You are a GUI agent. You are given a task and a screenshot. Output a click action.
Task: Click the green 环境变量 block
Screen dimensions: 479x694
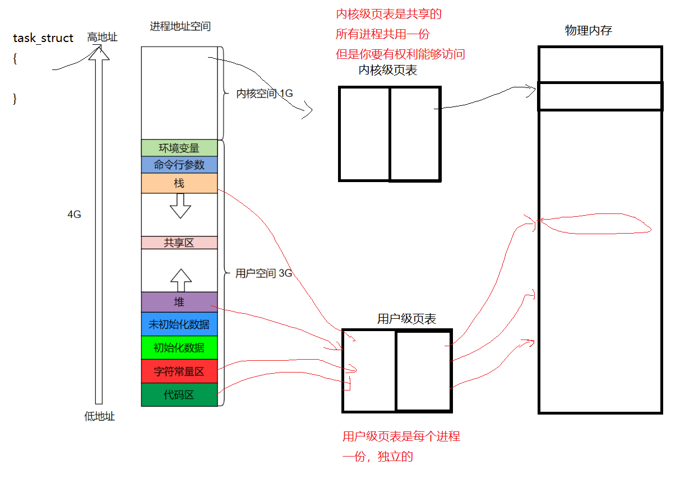pos(179,148)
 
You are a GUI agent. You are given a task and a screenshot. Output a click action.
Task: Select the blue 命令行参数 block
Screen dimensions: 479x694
pos(179,165)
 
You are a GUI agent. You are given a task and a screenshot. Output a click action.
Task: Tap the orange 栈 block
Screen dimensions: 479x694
pos(179,183)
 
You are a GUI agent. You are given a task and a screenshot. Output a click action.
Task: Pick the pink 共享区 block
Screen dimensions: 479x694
pos(179,243)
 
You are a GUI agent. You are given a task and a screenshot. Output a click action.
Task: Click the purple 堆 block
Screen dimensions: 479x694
pos(179,302)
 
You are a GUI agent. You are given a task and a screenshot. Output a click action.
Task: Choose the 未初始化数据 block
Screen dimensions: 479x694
pos(179,324)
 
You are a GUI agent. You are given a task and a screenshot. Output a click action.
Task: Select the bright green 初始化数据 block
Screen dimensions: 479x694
pos(179,347)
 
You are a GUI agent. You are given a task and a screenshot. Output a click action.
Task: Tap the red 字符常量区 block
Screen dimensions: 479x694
pos(179,371)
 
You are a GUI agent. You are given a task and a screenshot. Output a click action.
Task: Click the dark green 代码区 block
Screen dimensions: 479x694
pos(179,394)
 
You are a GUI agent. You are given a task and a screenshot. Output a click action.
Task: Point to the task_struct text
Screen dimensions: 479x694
pos(43,38)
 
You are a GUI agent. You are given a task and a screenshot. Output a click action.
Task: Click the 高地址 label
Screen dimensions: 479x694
pos(102,37)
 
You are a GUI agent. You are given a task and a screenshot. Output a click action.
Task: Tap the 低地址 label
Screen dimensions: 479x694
pos(99,416)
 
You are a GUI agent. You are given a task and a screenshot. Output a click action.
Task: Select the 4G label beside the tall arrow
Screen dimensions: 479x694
pos(74,215)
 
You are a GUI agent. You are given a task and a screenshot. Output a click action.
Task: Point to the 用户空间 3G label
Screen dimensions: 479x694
pos(263,273)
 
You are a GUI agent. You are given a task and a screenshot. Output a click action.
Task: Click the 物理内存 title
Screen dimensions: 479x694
pos(588,31)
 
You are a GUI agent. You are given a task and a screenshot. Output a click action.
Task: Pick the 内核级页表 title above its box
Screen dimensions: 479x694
pos(387,70)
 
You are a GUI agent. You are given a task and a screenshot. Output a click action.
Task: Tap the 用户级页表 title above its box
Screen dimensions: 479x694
pos(406,319)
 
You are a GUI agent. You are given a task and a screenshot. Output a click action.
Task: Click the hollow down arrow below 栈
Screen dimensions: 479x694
pos(181,206)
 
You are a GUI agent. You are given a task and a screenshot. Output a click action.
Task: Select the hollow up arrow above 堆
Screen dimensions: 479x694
pos(181,277)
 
